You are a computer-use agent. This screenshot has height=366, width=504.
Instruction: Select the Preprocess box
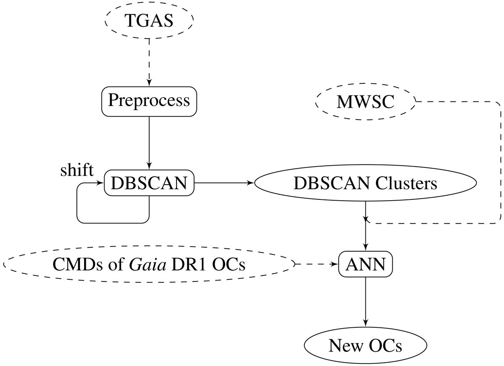pos(149,101)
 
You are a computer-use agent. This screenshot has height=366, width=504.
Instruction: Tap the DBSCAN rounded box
pos(149,183)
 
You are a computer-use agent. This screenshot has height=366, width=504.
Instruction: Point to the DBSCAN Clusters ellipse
pos(365,183)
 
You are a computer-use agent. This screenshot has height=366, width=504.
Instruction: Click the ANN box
pos(365,265)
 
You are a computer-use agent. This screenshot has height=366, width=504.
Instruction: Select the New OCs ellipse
pos(365,346)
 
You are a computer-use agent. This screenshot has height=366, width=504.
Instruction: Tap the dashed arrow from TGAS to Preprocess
pos(149,59)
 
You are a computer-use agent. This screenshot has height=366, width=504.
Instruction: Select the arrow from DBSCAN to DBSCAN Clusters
pos(225,183)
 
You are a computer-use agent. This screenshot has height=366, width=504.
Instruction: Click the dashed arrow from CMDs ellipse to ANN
pos(317,265)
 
